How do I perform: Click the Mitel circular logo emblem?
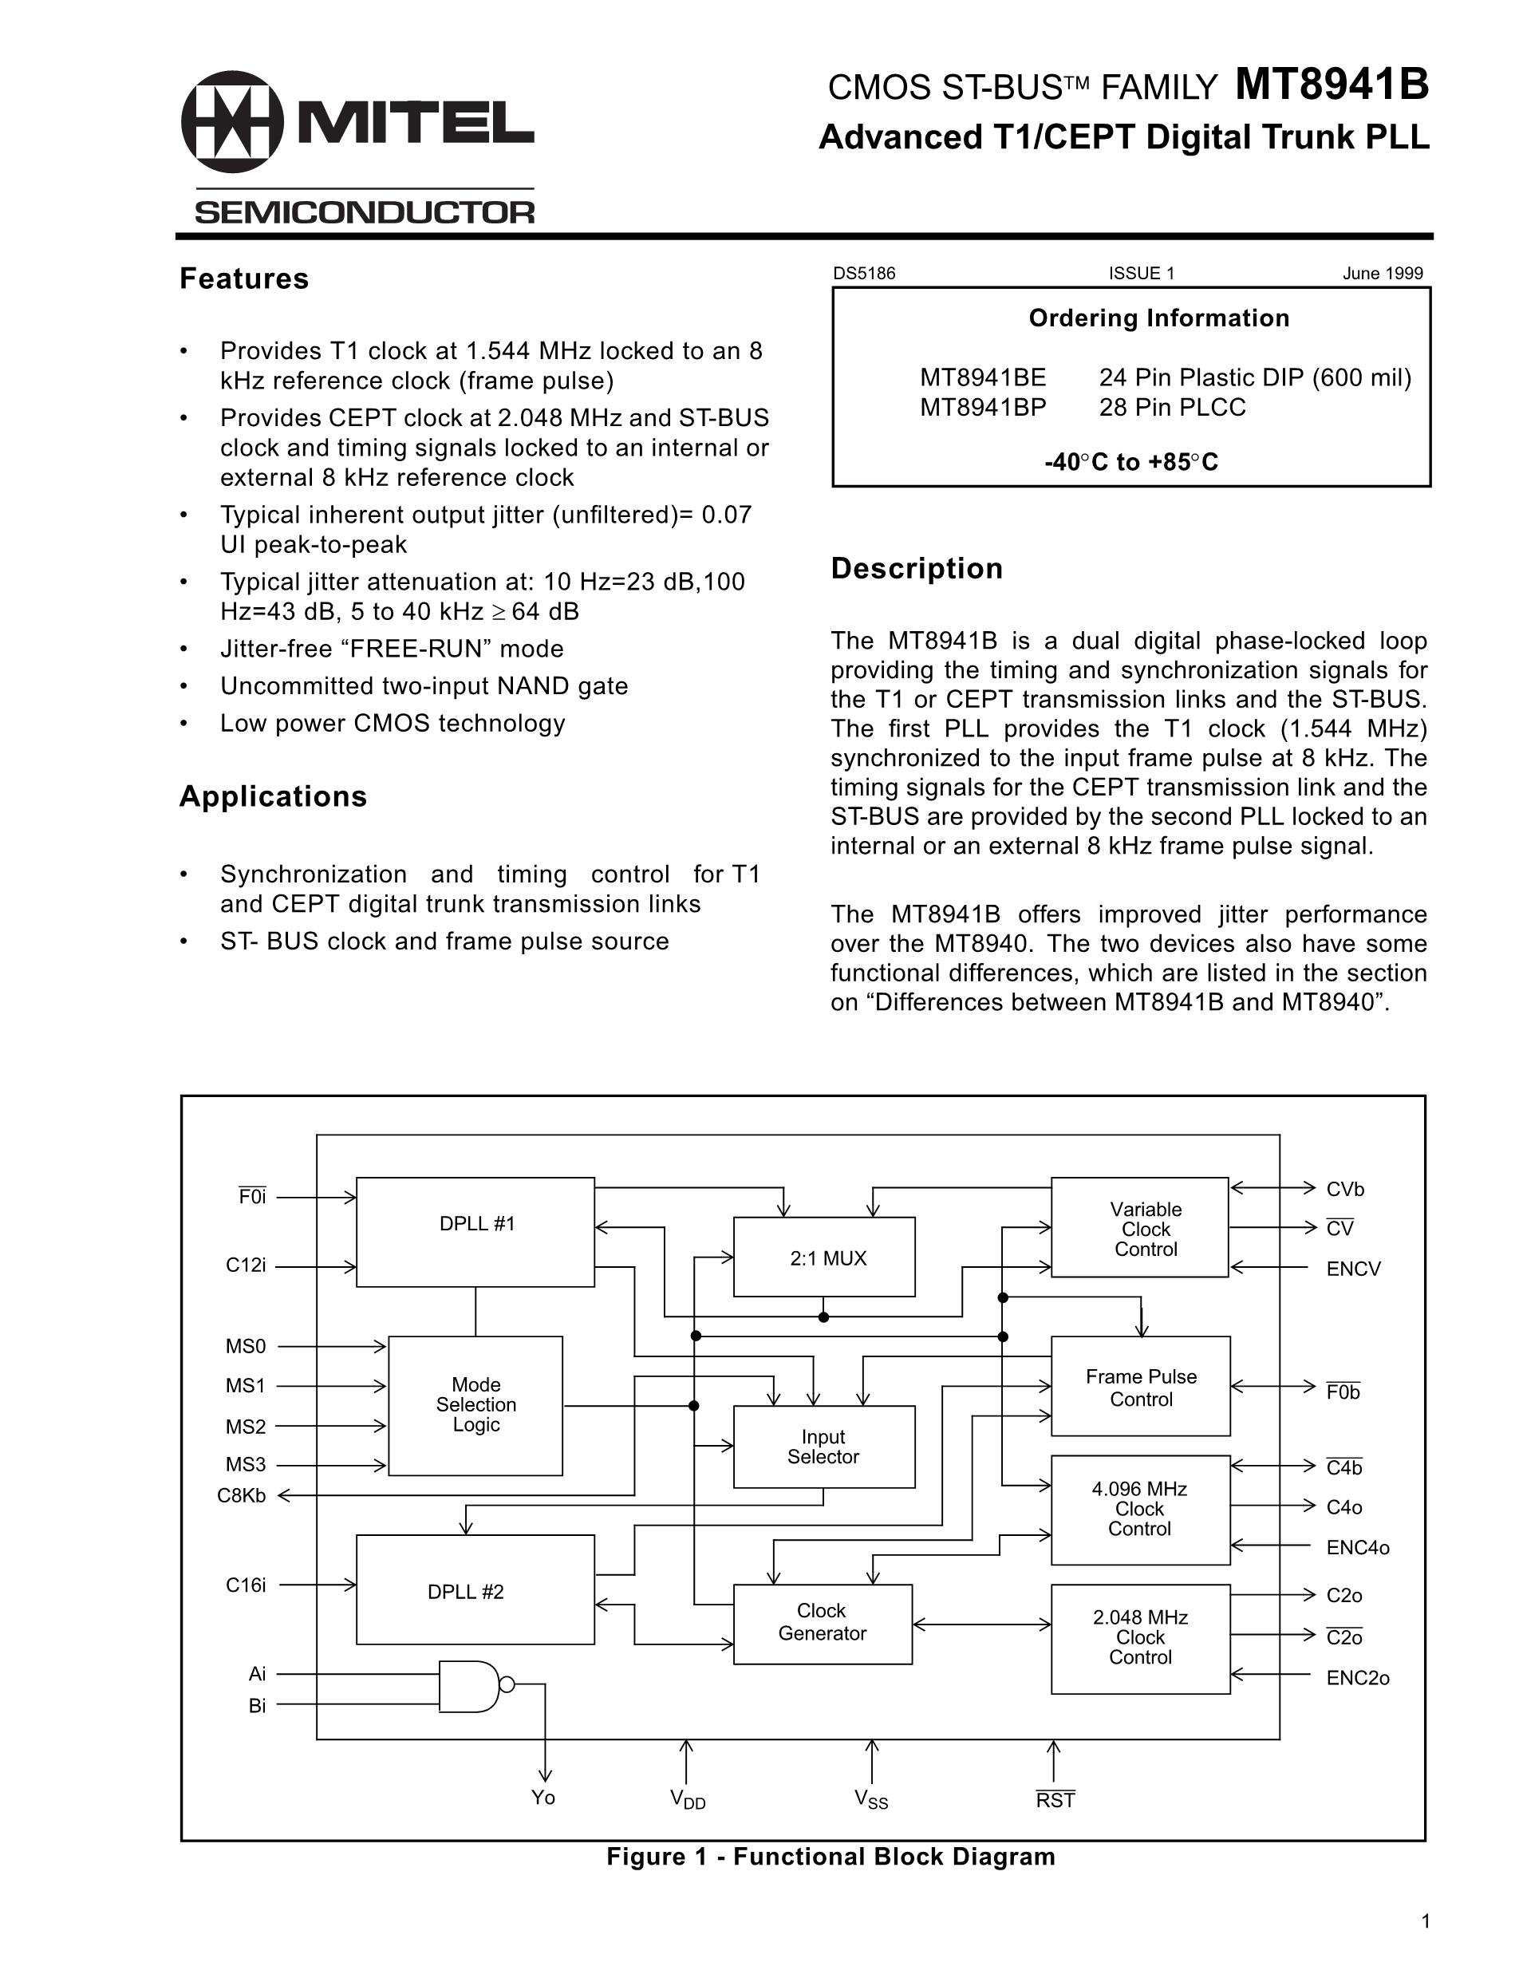[x=232, y=121]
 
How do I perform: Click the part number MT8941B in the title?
[x=1331, y=86]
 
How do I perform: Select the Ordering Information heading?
[x=1158, y=318]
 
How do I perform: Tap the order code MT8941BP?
[x=983, y=408]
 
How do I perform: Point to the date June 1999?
[x=1383, y=274]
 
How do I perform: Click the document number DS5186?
[x=864, y=274]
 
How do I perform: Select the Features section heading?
[x=244, y=279]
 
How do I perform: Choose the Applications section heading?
[x=273, y=796]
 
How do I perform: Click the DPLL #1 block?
[x=475, y=1231]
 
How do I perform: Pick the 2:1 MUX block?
[x=824, y=1257]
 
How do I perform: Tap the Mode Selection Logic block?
[x=475, y=1405]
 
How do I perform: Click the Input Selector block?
[x=823, y=1447]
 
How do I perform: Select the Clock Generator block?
[x=823, y=1623]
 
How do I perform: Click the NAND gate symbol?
[x=471, y=1685]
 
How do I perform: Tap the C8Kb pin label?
[x=241, y=1496]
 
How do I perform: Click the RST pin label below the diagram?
[x=1055, y=1799]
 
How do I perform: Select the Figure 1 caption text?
[x=830, y=1856]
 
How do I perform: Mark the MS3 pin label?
[x=245, y=1465]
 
